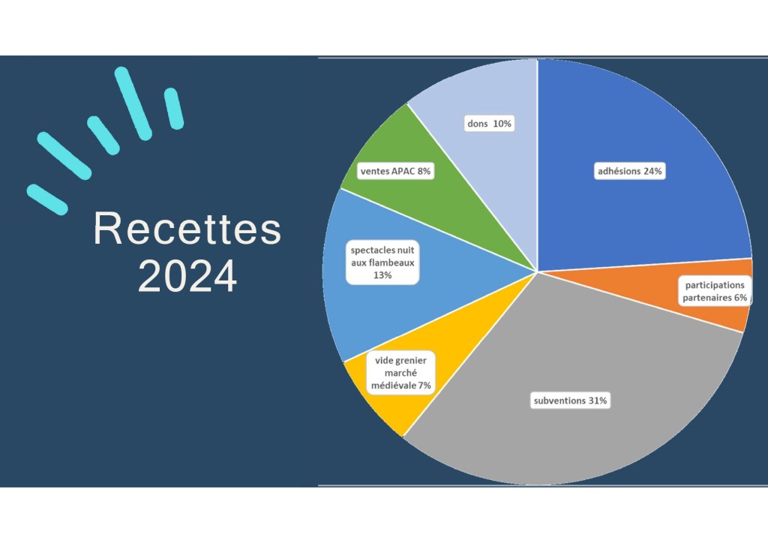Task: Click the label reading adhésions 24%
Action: pyautogui.click(x=630, y=171)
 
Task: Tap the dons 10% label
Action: pyautogui.click(x=489, y=124)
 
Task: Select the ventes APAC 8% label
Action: pyautogui.click(x=395, y=171)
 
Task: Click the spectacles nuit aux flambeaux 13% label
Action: pyautogui.click(x=382, y=262)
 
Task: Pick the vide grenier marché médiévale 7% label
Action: pyautogui.click(x=400, y=373)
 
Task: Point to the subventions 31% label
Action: pyautogui.click(x=570, y=400)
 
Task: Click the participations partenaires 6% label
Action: pyautogui.click(x=715, y=291)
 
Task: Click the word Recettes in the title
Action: pyautogui.click(x=187, y=228)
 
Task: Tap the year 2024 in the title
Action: pyautogui.click(x=187, y=276)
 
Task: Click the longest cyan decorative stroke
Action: pyautogui.click(x=133, y=103)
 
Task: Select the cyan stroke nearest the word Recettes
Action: pyautogui.click(x=47, y=199)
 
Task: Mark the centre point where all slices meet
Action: pyautogui.click(x=538, y=271)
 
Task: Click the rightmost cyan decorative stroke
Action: pyautogui.click(x=174, y=109)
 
